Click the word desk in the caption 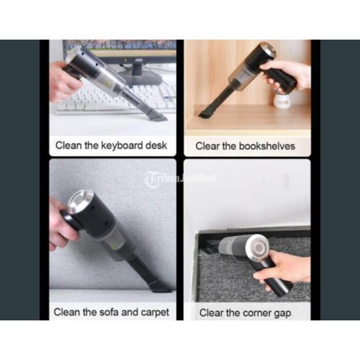click(x=156, y=145)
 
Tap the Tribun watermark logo click(x=180, y=179)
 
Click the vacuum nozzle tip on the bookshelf click(x=204, y=114)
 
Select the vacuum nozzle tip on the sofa click(x=161, y=289)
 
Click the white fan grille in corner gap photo click(x=258, y=248)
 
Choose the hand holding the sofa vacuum click(x=61, y=225)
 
